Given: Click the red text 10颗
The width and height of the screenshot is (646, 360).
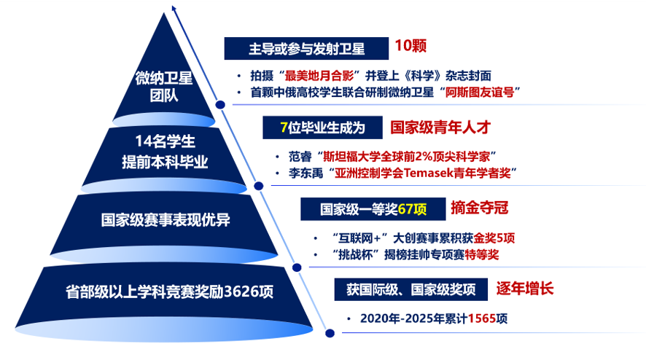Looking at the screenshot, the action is pyautogui.click(x=410, y=46).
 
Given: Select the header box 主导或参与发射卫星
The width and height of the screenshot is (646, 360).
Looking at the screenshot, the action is pyautogui.click(x=306, y=49).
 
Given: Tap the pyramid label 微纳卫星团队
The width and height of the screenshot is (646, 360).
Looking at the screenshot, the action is pyautogui.click(x=164, y=87).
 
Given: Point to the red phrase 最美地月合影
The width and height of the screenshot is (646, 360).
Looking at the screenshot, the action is pyautogui.click(x=319, y=76).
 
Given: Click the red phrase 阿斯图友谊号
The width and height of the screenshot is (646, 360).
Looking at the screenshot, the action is pyautogui.click(x=480, y=92).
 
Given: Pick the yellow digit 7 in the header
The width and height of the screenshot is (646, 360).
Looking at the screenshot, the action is pyautogui.click(x=284, y=128).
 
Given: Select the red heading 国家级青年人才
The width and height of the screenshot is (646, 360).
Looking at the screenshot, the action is pyautogui.click(x=440, y=128).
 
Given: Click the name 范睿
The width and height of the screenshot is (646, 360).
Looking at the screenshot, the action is pyautogui.click(x=300, y=157).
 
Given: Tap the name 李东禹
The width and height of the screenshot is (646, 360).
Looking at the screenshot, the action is pyautogui.click(x=306, y=173).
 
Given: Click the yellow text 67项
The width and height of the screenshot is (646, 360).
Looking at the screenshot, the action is pyautogui.click(x=412, y=209).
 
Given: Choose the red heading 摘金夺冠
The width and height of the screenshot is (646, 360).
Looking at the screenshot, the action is pyautogui.click(x=480, y=208).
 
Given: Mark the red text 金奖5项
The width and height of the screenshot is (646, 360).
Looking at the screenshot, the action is pyautogui.click(x=494, y=238).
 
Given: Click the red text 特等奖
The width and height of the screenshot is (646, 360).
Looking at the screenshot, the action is pyautogui.click(x=482, y=254).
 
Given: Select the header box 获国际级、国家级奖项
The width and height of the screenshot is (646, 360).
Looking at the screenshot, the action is pyautogui.click(x=410, y=289).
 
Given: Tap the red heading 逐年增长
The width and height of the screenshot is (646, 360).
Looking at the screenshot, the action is pyautogui.click(x=524, y=289).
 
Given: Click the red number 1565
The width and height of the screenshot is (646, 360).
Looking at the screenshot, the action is pyautogui.click(x=482, y=318).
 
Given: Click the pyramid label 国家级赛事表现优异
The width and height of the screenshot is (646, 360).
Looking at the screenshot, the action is pyautogui.click(x=166, y=220).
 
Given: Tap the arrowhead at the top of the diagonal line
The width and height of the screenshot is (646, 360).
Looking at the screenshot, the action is pyautogui.click(x=174, y=8).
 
